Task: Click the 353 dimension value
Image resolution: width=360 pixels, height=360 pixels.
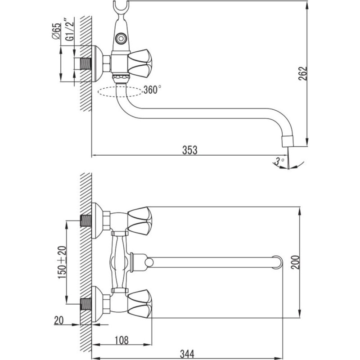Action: click(x=189, y=150)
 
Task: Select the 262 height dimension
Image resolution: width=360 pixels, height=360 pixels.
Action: click(x=302, y=73)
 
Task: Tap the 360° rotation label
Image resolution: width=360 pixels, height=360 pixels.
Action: click(x=152, y=90)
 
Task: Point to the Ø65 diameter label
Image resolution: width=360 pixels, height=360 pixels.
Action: click(x=57, y=31)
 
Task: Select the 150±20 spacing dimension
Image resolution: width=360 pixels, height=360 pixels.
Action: click(x=62, y=262)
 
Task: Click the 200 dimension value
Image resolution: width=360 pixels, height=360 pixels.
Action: click(x=295, y=262)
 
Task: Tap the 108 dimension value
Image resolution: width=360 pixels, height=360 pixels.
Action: click(x=121, y=340)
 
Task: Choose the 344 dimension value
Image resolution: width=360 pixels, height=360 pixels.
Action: click(x=187, y=354)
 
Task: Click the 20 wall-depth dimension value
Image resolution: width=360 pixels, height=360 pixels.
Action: click(x=59, y=320)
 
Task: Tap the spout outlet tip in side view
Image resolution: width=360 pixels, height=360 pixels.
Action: click(x=288, y=141)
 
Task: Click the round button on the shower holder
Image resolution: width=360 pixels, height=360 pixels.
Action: click(x=121, y=38)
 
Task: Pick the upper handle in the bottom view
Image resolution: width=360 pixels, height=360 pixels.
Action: click(x=140, y=221)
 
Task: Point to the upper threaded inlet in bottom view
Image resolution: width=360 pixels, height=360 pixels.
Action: click(x=86, y=221)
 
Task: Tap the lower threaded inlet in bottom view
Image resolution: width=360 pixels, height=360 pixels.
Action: click(x=86, y=304)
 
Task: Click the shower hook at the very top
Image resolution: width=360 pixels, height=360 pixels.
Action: click(x=121, y=9)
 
